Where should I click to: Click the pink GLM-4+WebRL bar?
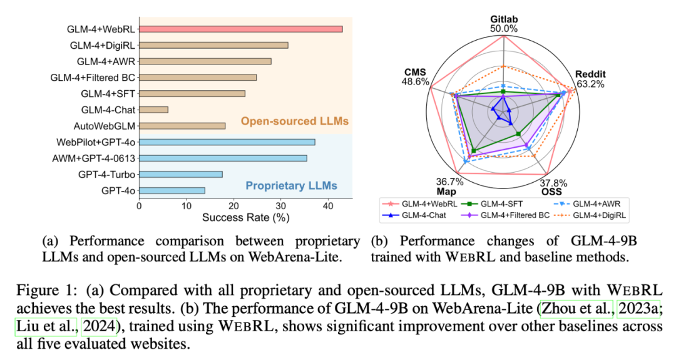click(240, 29)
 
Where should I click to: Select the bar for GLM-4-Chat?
click(153, 110)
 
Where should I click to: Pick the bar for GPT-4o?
click(172, 190)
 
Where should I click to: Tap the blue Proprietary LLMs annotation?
click(291, 185)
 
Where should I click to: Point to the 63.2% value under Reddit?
click(590, 84)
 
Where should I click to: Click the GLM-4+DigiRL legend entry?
click(597, 215)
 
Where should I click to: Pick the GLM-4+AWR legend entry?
click(597, 203)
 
